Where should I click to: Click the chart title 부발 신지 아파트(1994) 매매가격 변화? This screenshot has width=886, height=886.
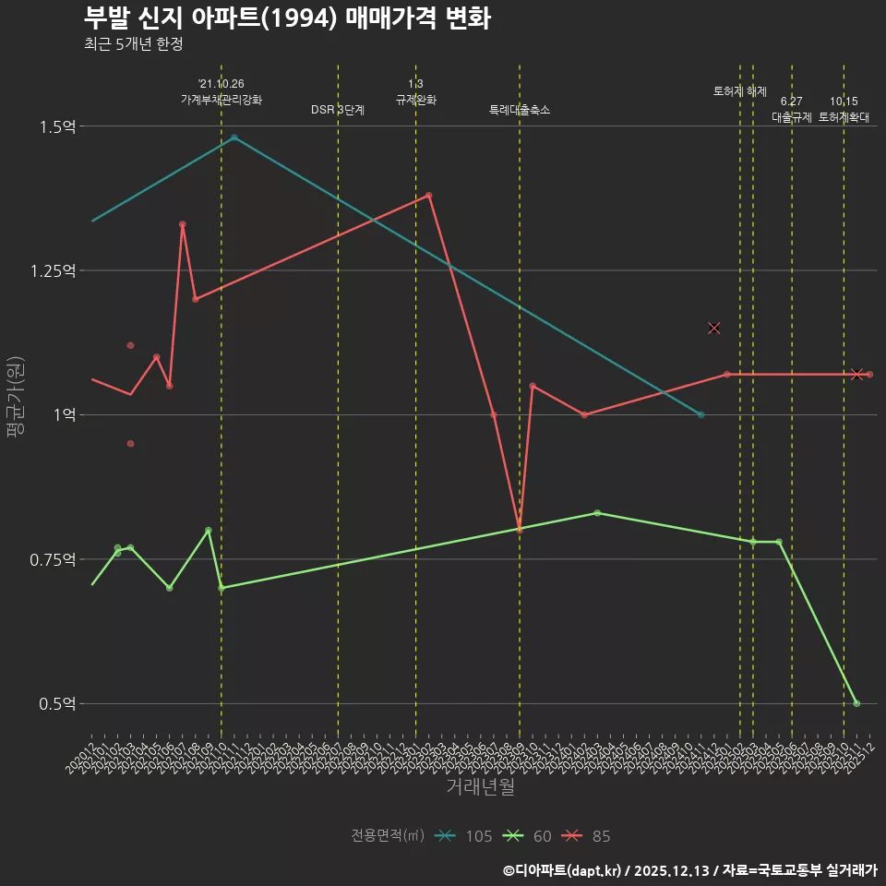[286, 18]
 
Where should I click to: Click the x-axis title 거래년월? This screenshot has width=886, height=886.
[480, 786]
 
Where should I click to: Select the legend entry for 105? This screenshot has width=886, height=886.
[466, 836]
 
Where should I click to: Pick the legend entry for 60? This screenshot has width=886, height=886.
[530, 836]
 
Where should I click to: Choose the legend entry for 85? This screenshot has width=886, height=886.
[588, 836]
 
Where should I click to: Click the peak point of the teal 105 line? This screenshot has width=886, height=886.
[234, 138]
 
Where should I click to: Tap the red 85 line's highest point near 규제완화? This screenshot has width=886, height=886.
[429, 196]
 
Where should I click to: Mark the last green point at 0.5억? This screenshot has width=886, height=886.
[856, 703]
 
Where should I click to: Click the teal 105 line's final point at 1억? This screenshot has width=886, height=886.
[701, 415]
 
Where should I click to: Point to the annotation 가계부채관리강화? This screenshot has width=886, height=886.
[221, 100]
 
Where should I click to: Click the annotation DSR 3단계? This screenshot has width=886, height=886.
[338, 110]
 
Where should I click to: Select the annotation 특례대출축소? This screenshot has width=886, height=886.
[520, 110]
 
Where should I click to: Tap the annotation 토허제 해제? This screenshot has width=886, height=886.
[740, 91]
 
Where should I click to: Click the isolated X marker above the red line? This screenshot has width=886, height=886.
[713, 328]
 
